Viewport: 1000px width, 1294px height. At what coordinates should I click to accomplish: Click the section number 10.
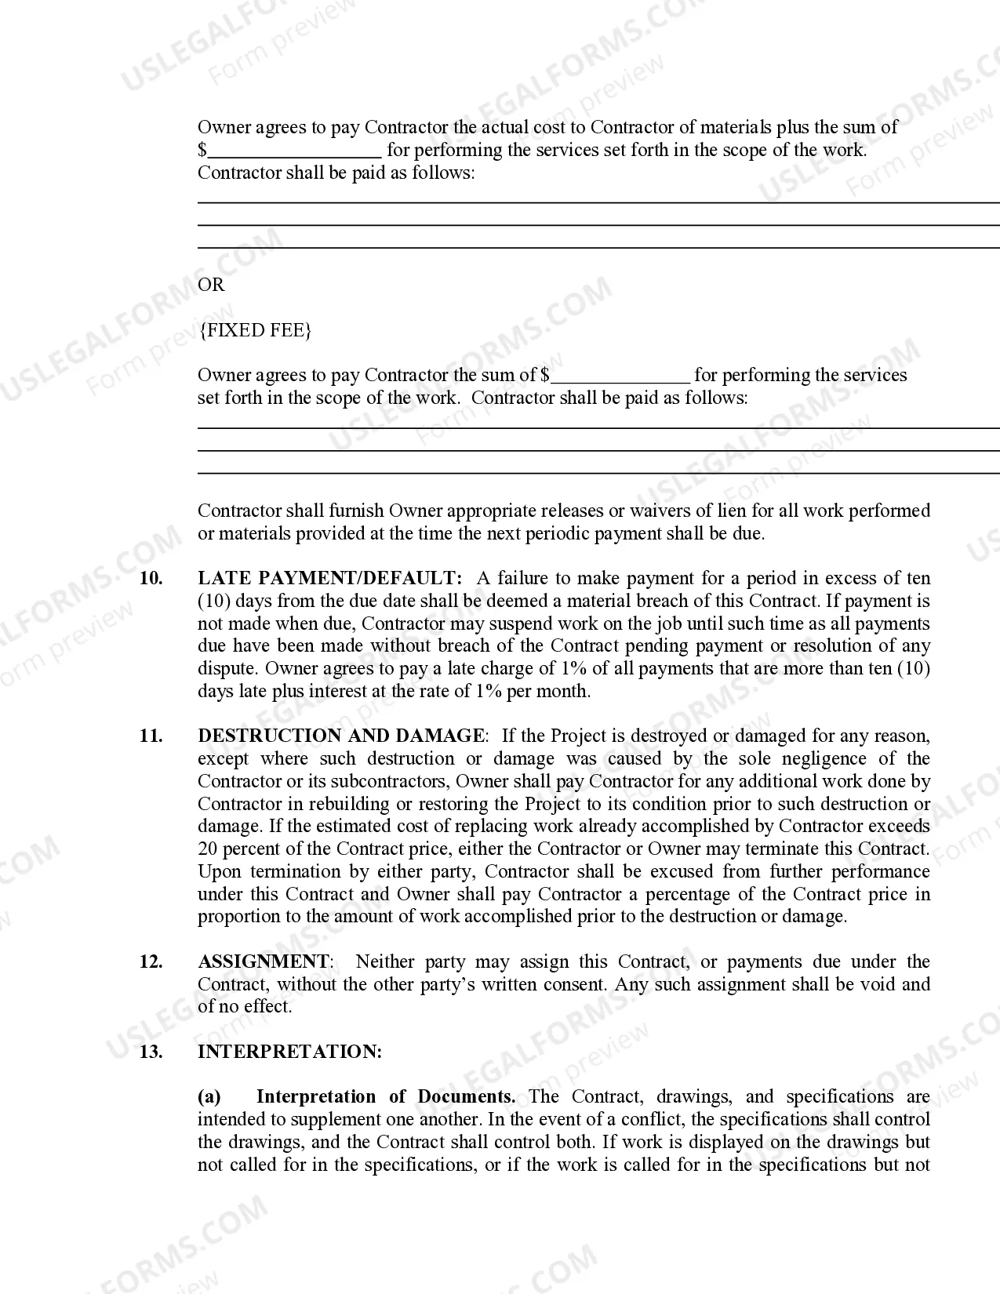coord(151,579)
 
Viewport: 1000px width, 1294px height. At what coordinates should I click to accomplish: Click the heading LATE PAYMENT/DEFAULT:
coord(330,579)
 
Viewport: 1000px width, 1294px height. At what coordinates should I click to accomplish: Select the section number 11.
coord(151,736)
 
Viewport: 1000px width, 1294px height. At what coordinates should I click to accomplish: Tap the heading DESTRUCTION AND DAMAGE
coord(341,736)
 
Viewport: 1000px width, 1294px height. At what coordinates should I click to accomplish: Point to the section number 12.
coord(151,961)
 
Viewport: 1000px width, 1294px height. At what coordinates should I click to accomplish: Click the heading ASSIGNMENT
coord(264,961)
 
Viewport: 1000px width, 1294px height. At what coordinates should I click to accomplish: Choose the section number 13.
coord(151,1052)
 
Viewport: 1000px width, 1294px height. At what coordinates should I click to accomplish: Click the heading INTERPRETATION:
coord(289,1052)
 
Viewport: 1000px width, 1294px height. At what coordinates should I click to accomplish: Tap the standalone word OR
coord(211,285)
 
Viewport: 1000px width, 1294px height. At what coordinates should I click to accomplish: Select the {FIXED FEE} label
coord(255,330)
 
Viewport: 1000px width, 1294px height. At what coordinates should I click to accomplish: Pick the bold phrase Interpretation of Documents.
coord(385,1096)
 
